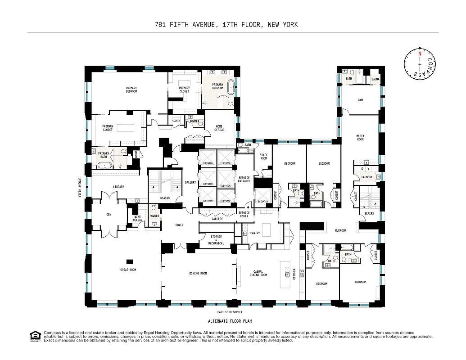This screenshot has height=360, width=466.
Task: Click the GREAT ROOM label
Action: (x=128, y=270)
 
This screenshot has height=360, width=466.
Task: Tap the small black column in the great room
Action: (x=130, y=262)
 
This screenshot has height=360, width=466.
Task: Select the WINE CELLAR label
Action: (x=137, y=218)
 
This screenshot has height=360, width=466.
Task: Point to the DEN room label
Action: (x=109, y=215)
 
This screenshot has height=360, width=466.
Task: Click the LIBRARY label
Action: (x=118, y=187)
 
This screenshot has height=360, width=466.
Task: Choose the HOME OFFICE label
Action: (x=219, y=128)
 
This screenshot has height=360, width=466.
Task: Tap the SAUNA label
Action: (x=376, y=79)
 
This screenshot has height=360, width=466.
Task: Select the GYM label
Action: (x=360, y=100)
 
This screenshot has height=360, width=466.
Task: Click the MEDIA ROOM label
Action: (x=360, y=138)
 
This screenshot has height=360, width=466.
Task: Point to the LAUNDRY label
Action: (x=366, y=177)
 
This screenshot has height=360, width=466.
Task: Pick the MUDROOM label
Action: (x=340, y=230)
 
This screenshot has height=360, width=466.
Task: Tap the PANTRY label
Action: (x=255, y=233)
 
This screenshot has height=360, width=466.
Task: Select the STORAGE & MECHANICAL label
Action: (x=216, y=240)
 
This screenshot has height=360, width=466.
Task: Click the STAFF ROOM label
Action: (x=263, y=157)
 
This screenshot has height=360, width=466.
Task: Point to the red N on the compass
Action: (x=420, y=54)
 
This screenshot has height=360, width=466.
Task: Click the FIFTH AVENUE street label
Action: (x=80, y=188)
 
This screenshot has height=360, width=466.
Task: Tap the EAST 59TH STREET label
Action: (x=229, y=312)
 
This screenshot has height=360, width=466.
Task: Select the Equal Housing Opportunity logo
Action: (x=34, y=336)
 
